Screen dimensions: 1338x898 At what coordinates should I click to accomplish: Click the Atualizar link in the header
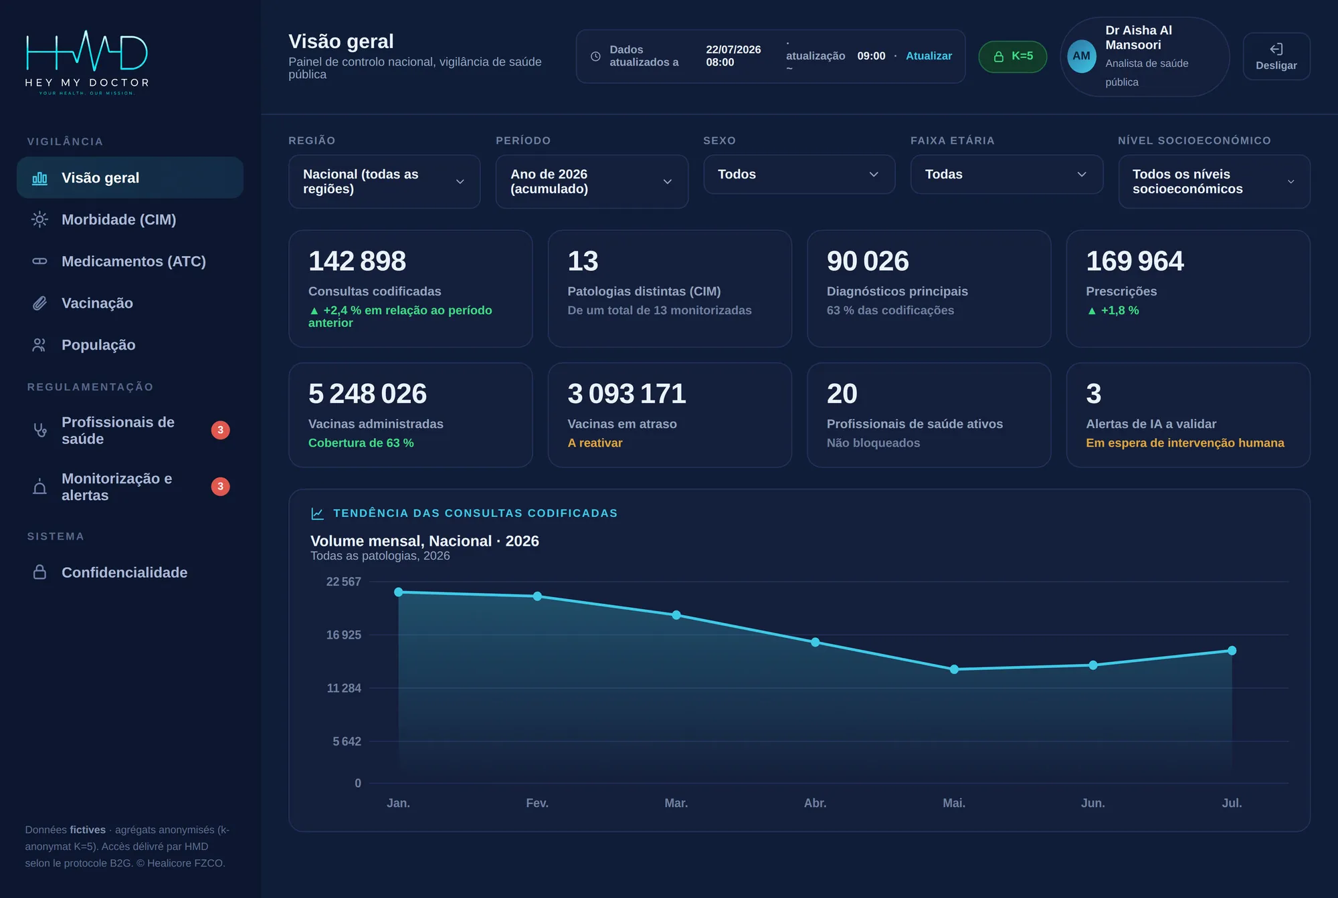point(929,56)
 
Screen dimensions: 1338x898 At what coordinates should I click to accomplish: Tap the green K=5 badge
point(1012,56)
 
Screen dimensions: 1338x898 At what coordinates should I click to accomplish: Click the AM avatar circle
point(1081,56)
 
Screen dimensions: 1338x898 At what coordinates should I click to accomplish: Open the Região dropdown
point(384,181)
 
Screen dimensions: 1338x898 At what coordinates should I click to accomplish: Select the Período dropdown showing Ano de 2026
point(591,181)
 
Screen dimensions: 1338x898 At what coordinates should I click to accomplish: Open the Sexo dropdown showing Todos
point(799,175)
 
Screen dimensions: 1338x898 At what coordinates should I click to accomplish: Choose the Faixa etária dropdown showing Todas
point(1006,175)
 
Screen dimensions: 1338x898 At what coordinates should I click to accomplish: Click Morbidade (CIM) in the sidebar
point(118,219)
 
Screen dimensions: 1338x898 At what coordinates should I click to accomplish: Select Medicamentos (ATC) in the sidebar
point(133,261)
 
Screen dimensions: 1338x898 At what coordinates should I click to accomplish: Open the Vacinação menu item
point(97,304)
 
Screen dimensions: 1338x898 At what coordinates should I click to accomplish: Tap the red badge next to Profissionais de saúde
point(221,430)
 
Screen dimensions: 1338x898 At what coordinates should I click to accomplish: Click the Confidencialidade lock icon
point(39,572)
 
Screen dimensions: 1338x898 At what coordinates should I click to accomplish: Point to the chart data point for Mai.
point(954,669)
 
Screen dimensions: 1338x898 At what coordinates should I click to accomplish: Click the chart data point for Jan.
point(399,592)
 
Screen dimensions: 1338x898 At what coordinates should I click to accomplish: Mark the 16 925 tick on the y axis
point(343,635)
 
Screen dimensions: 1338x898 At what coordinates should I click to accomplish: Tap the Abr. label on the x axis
point(815,803)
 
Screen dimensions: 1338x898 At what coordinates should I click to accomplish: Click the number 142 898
point(357,261)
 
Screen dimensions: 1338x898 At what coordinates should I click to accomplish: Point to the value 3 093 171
point(627,393)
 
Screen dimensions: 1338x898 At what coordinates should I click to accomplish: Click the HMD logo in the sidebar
point(87,62)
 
